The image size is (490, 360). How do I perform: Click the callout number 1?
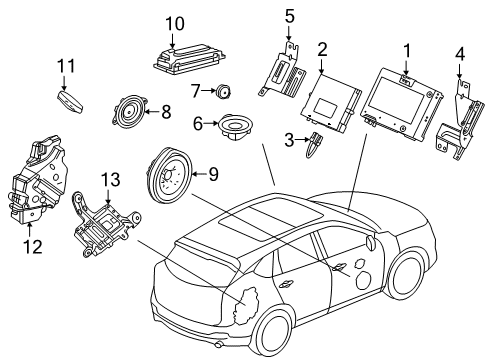[407, 49]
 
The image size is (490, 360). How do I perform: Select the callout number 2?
[322, 49]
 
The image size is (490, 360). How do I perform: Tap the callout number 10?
[175, 22]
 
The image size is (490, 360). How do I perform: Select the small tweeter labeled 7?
[223, 93]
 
